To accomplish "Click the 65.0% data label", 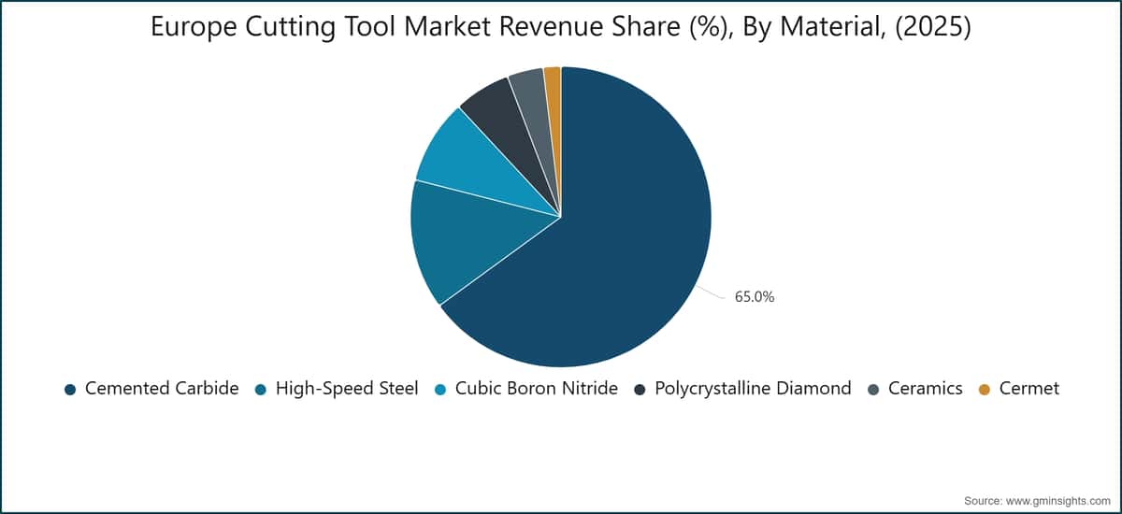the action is [755, 297].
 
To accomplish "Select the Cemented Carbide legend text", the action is [162, 389].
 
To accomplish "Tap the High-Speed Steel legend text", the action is [347, 389].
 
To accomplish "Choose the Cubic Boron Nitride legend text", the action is [537, 389].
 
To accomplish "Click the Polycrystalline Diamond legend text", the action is [753, 389].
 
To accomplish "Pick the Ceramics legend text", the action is [926, 389].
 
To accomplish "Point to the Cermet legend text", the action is [1029, 389].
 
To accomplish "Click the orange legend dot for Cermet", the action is [985, 390].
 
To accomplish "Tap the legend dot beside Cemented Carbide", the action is [70, 390].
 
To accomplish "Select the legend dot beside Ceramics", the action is [873, 390].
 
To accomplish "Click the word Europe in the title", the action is [194, 27].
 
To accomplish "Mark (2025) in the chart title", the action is [933, 26].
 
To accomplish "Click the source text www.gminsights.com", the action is [1057, 501].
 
